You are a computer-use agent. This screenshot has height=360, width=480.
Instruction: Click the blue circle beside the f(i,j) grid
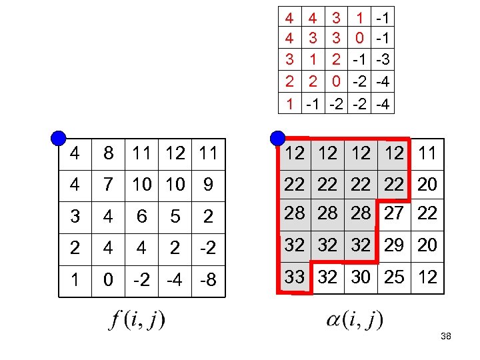click(x=59, y=139)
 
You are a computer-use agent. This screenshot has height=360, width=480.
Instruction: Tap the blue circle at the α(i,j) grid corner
click(x=278, y=139)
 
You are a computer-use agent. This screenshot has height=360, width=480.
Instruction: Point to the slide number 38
click(x=446, y=337)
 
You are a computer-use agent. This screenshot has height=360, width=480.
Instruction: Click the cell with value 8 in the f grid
click(x=108, y=154)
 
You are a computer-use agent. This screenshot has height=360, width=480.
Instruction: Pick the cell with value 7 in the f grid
click(x=108, y=185)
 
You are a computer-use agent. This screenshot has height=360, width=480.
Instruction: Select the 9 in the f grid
click(x=208, y=185)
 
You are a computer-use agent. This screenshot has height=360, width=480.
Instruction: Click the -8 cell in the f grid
click(x=208, y=279)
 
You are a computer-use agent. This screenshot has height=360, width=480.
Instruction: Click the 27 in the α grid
click(x=394, y=214)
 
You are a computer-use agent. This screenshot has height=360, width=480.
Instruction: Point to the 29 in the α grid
click(x=394, y=245)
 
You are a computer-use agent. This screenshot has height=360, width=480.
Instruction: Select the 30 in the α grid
click(x=361, y=277)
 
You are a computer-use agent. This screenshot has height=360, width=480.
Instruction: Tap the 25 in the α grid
click(x=394, y=277)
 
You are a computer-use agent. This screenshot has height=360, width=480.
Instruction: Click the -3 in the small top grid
click(x=382, y=61)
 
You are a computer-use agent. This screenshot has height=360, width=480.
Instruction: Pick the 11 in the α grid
click(x=427, y=153)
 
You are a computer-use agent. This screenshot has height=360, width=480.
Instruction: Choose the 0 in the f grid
click(x=108, y=279)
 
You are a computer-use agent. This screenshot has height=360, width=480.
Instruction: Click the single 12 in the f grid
click(x=175, y=154)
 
